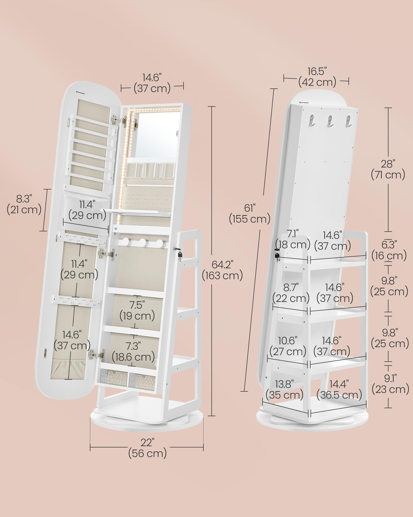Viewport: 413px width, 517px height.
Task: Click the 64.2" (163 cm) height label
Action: tap(222, 270)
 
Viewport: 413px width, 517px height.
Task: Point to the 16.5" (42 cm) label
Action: tap(317, 77)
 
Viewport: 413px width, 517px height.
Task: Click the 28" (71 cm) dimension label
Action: tap(388, 169)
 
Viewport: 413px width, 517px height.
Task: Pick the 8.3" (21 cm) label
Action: tap(24, 204)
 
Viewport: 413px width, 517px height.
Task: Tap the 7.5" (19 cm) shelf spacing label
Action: tap(137, 310)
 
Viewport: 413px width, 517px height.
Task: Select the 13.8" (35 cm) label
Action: tap(284, 390)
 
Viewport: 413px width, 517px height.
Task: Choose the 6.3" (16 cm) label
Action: tap(389, 250)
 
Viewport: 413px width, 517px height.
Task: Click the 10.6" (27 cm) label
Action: tap(288, 346)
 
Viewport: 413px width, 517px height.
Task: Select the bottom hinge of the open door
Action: tap(97, 355)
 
